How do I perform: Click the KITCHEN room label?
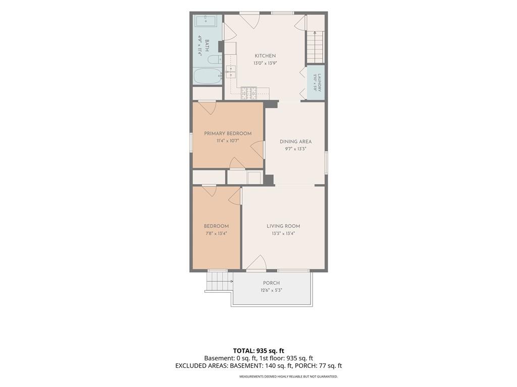pyautogui.click(x=265, y=56)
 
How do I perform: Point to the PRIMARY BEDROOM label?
pyautogui.click(x=228, y=134)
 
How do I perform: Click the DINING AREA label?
pyautogui.click(x=295, y=142)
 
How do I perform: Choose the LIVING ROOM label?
pyautogui.click(x=283, y=226)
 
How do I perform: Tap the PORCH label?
pyautogui.click(x=271, y=283)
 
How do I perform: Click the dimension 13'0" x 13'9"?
pyautogui.click(x=265, y=63)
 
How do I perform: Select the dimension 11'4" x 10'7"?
pyautogui.click(x=228, y=141)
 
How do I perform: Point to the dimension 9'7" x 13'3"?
pyautogui.click(x=295, y=149)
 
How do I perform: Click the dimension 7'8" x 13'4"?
pyautogui.click(x=216, y=233)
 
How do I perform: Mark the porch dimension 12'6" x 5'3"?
pyautogui.click(x=271, y=290)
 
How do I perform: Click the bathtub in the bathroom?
pyautogui.click(x=208, y=77)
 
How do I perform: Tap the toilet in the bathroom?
pyautogui.click(x=215, y=60)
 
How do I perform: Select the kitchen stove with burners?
pyautogui.click(x=249, y=93)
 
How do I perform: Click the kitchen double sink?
pyautogui.click(x=231, y=72)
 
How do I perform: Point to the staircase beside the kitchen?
pyautogui.click(x=316, y=46)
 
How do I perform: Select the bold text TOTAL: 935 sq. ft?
pyautogui.click(x=258, y=351)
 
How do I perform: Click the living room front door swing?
pyautogui.click(x=256, y=263)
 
